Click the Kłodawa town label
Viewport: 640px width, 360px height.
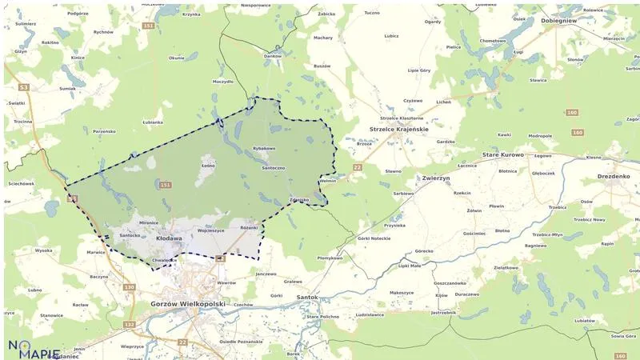coord(169,238)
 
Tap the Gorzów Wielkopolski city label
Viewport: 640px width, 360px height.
coord(189,304)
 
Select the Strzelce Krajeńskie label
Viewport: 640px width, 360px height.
coord(399,129)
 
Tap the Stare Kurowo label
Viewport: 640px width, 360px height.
coord(503,154)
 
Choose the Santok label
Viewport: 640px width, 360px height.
coord(306,297)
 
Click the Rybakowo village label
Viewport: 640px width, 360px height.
coord(263,148)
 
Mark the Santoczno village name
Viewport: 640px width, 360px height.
coord(274,168)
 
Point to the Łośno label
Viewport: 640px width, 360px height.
coord(209,166)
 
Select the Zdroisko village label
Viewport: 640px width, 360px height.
coord(298,199)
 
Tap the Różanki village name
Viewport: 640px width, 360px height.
coord(250,227)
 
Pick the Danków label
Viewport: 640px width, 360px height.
coord(273,56)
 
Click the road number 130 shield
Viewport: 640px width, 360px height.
coord(130,286)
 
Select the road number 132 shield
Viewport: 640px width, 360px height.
coord(130,324)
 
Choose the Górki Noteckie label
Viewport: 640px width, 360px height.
coord(374,239)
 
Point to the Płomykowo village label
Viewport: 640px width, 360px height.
coord(330,258)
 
